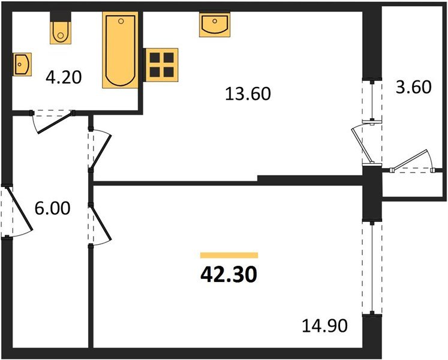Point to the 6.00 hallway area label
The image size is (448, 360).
53,208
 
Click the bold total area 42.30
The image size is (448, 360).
228,274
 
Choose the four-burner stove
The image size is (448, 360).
162,64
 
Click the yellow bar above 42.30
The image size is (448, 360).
228,255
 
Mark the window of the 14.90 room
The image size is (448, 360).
371,267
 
